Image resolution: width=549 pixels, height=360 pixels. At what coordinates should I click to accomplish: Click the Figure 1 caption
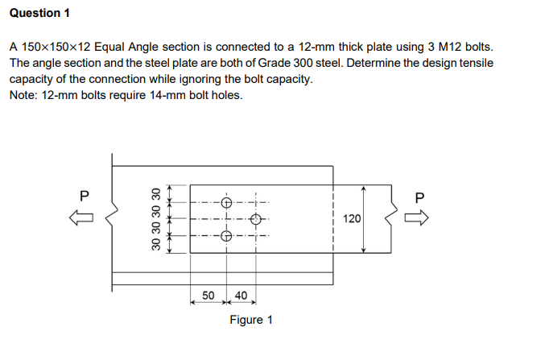coord(250,320)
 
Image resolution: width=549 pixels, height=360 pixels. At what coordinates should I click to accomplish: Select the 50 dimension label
coord(208,295)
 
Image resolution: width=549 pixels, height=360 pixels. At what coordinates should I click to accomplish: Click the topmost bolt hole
coord(226,201)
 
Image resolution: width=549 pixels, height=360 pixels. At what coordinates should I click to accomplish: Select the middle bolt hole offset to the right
coord(256,219)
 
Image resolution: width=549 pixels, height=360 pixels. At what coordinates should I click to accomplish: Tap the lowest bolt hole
coord(226,237)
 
